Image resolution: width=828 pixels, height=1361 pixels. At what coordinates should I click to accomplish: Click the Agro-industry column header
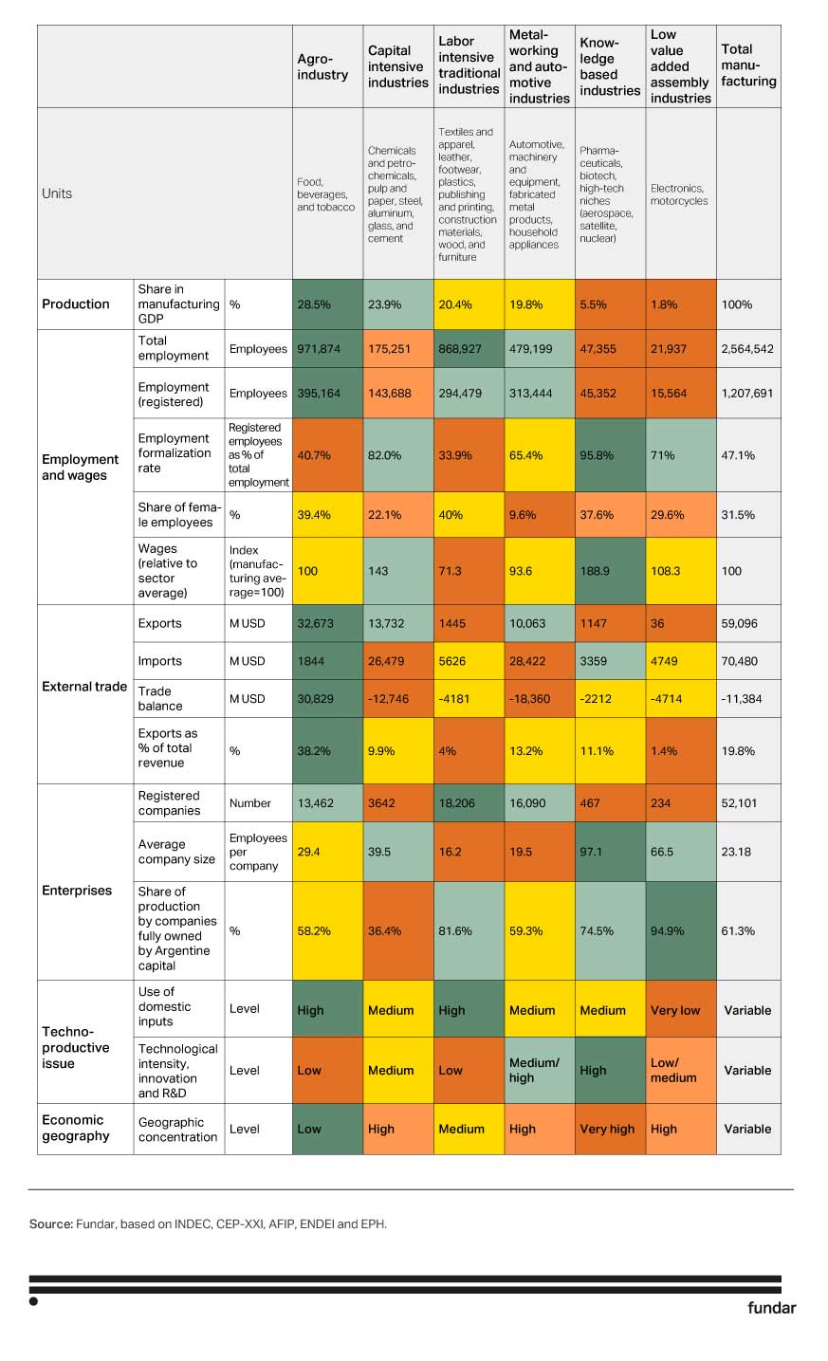coord(322,66)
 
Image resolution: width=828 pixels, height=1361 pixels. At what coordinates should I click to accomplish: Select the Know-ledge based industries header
coord(609,66)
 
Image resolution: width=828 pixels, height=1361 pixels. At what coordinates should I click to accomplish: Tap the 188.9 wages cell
coord(610,571)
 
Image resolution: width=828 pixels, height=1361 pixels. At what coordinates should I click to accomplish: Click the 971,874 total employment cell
coord(327,349)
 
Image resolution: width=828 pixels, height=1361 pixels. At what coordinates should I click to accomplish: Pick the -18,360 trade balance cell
coord(539,699)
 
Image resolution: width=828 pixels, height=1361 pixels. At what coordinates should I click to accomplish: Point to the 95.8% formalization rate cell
coord(610,455)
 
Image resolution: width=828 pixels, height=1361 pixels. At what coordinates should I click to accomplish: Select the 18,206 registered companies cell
coord(469,803)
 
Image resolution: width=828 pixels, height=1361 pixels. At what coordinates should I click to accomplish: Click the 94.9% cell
coord(680,931)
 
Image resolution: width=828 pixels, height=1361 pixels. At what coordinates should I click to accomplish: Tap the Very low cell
coord(680,1010)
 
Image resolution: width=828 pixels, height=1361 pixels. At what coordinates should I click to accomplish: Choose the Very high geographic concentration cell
coord(610,1129)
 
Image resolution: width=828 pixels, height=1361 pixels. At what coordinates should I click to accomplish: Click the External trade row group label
coord(84,687)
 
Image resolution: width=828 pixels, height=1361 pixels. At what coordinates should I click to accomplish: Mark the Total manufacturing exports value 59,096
coord(748,624)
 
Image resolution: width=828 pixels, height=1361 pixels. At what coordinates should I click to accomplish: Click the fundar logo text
coord(771,1308)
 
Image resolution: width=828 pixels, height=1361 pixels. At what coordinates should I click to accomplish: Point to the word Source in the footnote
coord(50,1224)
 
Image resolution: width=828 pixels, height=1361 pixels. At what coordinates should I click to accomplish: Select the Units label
coord(57,193)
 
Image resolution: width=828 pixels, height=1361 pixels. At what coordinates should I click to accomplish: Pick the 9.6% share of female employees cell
coord(539,515)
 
